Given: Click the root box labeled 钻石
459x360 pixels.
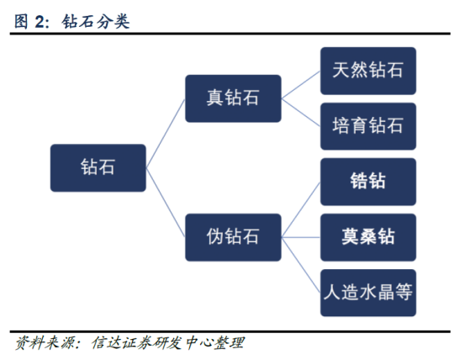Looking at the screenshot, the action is (x=98, y=168).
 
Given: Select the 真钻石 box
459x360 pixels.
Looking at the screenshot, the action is (x=234, y=98).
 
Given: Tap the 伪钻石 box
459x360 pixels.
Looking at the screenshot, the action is (x=234, y=237).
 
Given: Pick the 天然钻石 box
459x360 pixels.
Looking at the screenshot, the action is (x=368, y=71).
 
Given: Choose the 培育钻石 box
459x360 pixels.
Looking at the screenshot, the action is (x=368, y=126).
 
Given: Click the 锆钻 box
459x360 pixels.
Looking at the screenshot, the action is (x=368, y=182).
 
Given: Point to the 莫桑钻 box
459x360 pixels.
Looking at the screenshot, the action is (x=368, y=237).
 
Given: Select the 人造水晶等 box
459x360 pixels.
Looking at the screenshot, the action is (x=368, y=293).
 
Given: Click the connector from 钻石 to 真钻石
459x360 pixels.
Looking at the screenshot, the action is (x=166, y=133).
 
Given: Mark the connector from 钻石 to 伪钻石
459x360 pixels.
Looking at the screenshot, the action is (x=166, y=203).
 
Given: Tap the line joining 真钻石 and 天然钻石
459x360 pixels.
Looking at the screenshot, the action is (x=301, y=85).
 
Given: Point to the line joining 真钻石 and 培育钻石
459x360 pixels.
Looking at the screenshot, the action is (x=301, y=113).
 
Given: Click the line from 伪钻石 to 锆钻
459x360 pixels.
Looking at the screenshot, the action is (x=301, y=209).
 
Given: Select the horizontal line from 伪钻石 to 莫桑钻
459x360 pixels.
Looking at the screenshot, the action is (x=301, y=237).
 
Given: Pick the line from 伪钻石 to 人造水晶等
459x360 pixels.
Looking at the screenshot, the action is (x=301, y=265).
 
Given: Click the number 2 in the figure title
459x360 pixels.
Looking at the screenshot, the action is (x=40, y=22).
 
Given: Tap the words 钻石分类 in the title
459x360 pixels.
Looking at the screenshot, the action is (x=96, y=22).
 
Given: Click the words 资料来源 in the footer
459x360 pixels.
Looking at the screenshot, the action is (x=45, y=342).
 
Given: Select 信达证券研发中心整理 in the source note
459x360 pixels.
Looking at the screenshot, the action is (x=168, y=342).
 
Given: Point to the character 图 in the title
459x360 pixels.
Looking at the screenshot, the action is (x=21, y=22).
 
